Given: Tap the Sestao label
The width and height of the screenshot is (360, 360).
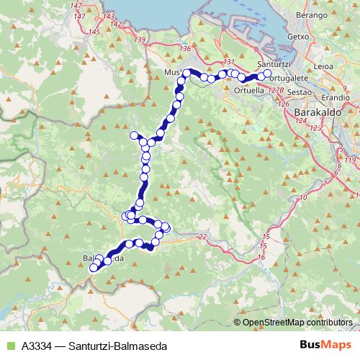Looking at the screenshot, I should click(x=298, y=93).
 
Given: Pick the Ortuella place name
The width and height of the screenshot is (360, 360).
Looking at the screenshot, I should click(x=249, y=91).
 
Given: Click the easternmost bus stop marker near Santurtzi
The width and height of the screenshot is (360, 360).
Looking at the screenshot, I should click(x=268, y=73).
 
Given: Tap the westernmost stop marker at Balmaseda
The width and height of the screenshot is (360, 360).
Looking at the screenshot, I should click(x=92, y=269).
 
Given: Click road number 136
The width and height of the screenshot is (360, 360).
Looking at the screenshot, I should click(x=185, y=48).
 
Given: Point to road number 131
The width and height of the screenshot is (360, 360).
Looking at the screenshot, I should click(x=230, y=63).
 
